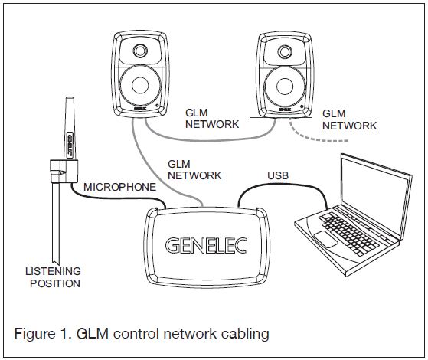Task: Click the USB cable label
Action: point(279,176)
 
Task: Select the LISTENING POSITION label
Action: point(53,277)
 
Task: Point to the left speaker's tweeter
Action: point(140,51)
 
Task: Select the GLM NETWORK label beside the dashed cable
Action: point(348,119)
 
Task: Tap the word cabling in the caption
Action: point(243,334)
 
